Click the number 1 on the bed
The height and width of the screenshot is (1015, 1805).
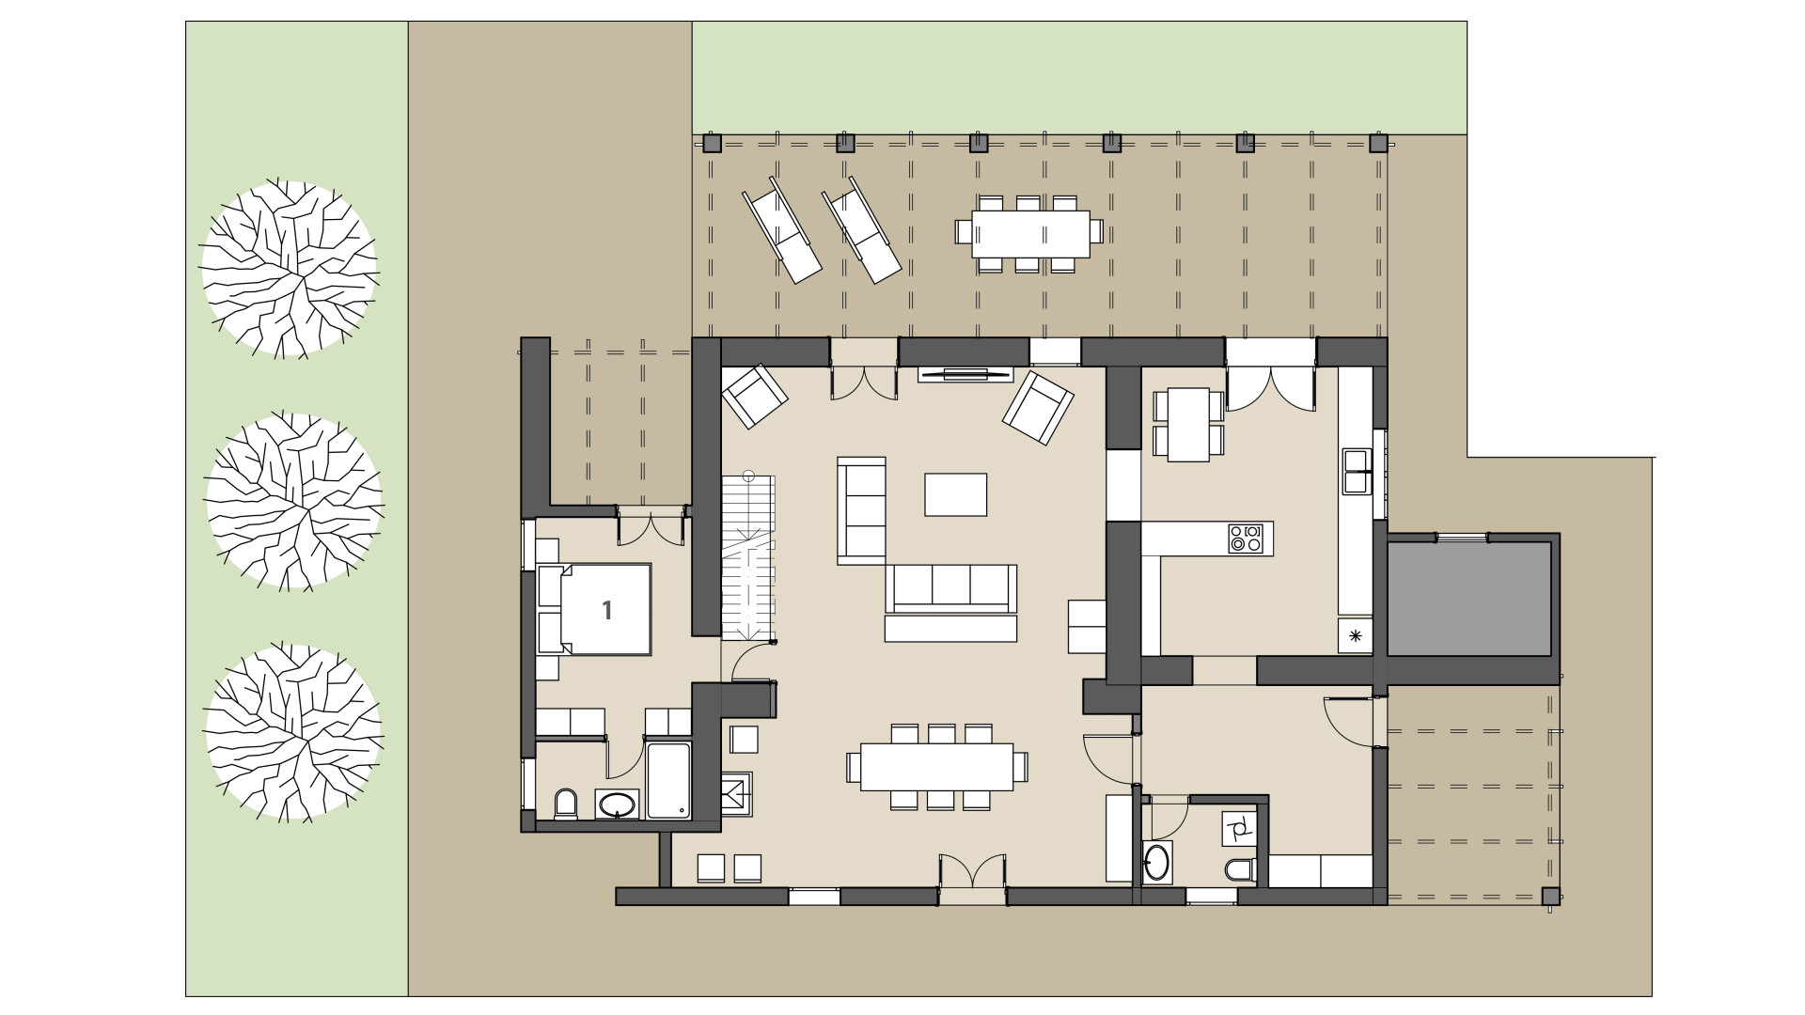point(607,611)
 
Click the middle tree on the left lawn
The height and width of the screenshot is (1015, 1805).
point(293,500)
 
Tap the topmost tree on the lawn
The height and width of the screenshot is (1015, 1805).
point(290,269)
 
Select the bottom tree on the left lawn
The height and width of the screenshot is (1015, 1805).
point(293,731)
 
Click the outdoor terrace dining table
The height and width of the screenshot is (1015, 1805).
point(1030,233)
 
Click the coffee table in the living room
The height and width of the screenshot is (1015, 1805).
point(955,494)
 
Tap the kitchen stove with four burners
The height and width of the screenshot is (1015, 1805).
point(1246,539)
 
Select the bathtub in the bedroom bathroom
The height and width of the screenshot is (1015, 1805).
point(668,780)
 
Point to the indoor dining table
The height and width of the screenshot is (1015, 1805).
point(936,767)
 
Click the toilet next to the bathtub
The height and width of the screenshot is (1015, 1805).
point(566,804)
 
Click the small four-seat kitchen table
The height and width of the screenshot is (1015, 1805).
point(1188,425)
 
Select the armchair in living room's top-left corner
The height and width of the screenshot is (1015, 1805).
point(754,396)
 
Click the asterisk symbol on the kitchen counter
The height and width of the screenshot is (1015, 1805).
point(1356,636)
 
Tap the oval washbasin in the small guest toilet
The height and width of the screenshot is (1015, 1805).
point(1158,861)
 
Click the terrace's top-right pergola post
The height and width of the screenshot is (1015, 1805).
point(1378,144)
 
